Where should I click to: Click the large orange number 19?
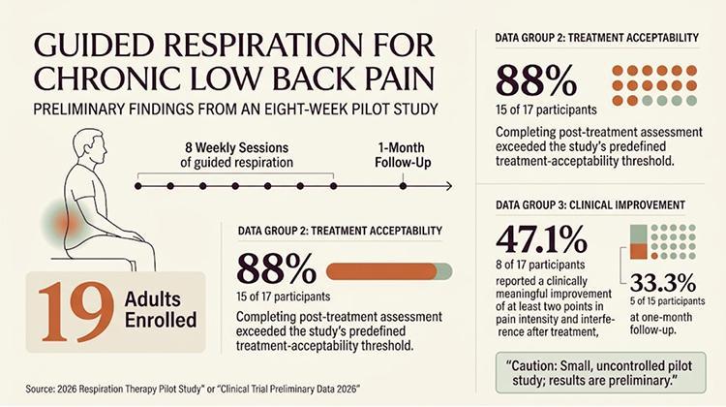point(76,312)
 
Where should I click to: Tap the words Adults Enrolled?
point(161,310)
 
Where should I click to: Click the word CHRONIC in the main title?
point(106,78)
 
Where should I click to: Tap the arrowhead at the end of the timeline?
point(448,186)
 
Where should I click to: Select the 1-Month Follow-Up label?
point(403,155)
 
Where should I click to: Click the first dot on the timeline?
point(138,186)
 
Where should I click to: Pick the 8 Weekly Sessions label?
point(236,155)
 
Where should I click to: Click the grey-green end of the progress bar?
point(444,271)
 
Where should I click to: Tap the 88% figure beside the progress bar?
point(277,268)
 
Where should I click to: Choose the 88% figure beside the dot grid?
point(536,81)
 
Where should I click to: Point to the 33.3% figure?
point(663,282)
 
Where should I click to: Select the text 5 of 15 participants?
point(667,300)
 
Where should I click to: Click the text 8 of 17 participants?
point(540,265)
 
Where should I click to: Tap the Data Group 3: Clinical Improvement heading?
point(590,204)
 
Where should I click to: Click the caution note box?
point(601,373)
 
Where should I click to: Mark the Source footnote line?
point(193,389)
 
